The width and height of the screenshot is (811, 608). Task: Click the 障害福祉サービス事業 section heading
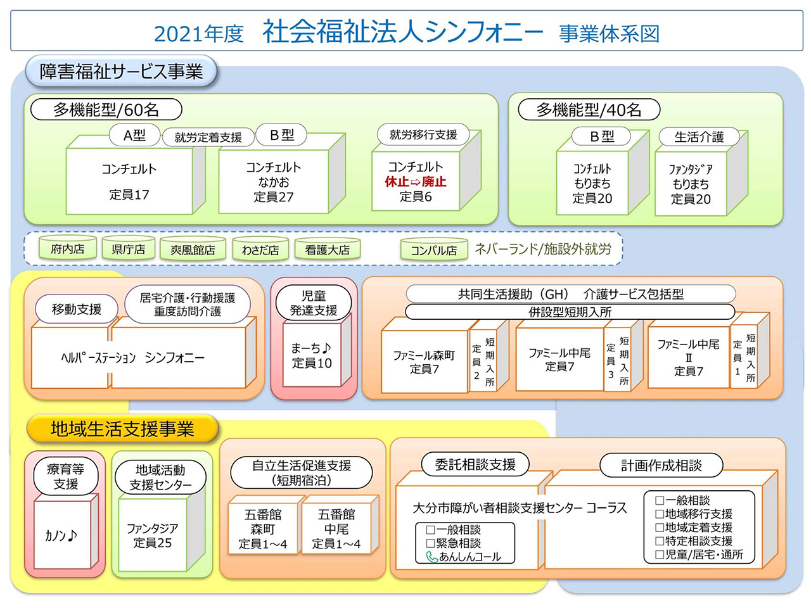point(121,72)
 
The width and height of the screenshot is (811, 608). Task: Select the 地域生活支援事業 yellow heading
point(122,429)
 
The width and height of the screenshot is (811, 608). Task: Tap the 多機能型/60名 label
point(106,110)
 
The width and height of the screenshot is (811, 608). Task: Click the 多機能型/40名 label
point(589,110)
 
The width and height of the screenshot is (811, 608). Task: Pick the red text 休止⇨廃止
point(415,182)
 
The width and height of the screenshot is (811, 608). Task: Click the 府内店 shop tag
point(68,249)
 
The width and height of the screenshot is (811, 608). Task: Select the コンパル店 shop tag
point(433,250)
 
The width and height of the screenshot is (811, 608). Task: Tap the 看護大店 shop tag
point(327,250)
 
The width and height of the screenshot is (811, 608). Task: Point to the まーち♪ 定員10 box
point(311,355)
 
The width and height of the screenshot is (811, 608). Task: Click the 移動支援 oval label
point(77,309)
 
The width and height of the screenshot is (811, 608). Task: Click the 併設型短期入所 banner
point(570,312)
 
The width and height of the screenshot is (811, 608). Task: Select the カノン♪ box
point(61,535)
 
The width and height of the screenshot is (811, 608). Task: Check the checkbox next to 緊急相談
point(431,543)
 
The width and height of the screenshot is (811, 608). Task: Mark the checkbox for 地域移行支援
point(660,514)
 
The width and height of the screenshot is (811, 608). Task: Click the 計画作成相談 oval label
point(661,465)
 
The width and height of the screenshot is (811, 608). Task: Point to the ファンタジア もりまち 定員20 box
point(690,184)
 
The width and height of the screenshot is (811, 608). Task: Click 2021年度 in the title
point(198,34)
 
